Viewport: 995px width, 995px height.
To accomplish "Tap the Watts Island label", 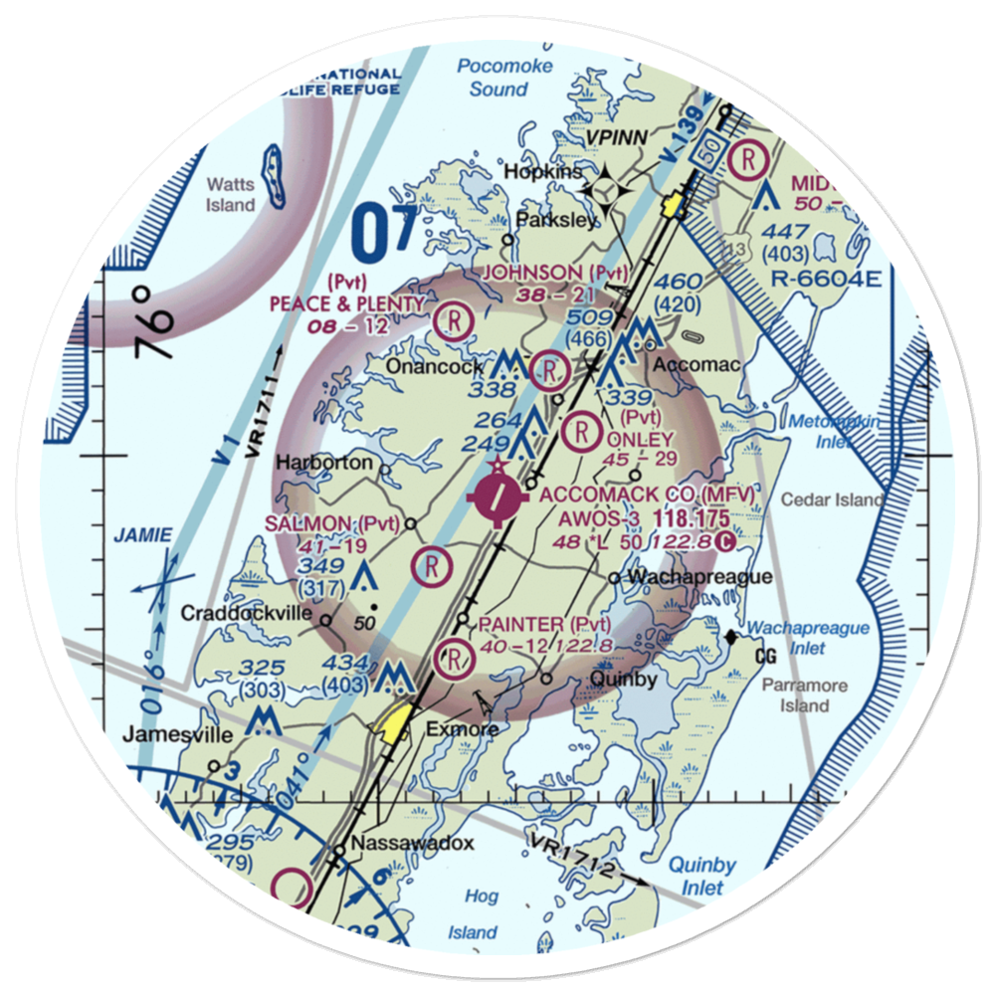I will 231,194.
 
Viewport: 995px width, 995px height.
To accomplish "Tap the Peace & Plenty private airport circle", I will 453,320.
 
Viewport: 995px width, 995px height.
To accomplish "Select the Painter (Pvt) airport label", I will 543,624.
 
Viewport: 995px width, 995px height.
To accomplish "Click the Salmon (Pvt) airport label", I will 331,523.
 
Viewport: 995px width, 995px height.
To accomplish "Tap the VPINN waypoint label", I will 615,136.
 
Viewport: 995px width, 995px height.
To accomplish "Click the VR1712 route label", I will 575,857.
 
